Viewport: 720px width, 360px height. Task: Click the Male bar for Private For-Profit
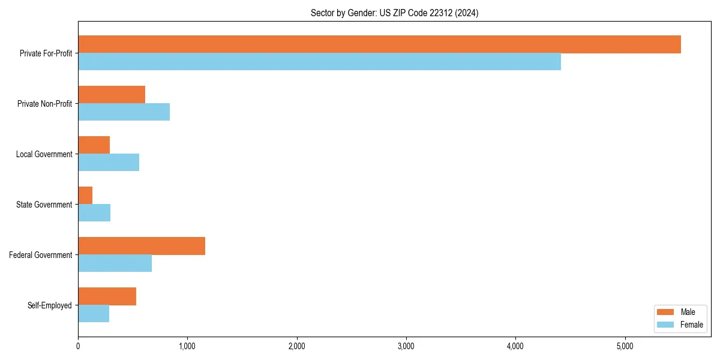click(379, 44)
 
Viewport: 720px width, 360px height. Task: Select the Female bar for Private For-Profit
click(319, 62)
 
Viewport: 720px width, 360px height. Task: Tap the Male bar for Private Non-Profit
click(112, 95)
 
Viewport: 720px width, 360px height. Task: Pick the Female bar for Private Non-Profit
click(124, 112)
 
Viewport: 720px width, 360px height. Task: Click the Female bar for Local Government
click(109, 163)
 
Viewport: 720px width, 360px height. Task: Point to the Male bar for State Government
click(85, 196)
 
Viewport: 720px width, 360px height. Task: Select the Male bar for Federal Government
click(142, 246)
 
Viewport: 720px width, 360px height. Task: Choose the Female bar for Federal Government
click(115, 263)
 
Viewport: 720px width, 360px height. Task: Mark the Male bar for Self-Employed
click(107, 296)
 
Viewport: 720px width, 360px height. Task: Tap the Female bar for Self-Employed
click(94, 314)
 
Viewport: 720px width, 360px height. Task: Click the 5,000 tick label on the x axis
click(625, 346)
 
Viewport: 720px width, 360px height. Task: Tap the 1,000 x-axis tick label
click(187, 346)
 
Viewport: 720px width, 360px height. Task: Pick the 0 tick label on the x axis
click(78, 346)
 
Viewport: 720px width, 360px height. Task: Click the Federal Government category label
click(41, 255)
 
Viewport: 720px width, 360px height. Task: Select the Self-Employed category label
click(50, 305)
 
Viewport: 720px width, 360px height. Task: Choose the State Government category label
click(44, 205)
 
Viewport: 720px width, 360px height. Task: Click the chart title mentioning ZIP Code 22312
click(394, 13)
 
